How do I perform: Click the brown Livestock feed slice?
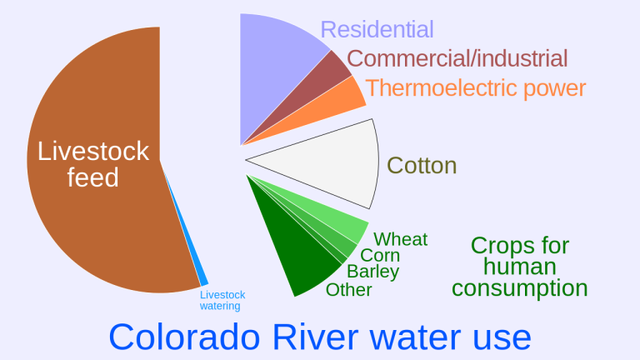pos(92,208)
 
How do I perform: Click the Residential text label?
pos(377,30)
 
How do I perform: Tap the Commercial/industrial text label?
pos(457,59)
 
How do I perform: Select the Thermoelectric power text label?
pos(475,88)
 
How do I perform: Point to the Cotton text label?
pos(422,165)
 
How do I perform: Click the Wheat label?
pos(400,240)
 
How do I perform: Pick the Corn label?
pos(380,256)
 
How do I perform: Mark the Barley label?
pos(372,272)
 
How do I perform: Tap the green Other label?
pos(348,290)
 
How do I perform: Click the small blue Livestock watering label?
pos(222,300)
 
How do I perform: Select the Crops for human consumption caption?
pos(519,267)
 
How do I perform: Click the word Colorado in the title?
pos(182,336)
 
